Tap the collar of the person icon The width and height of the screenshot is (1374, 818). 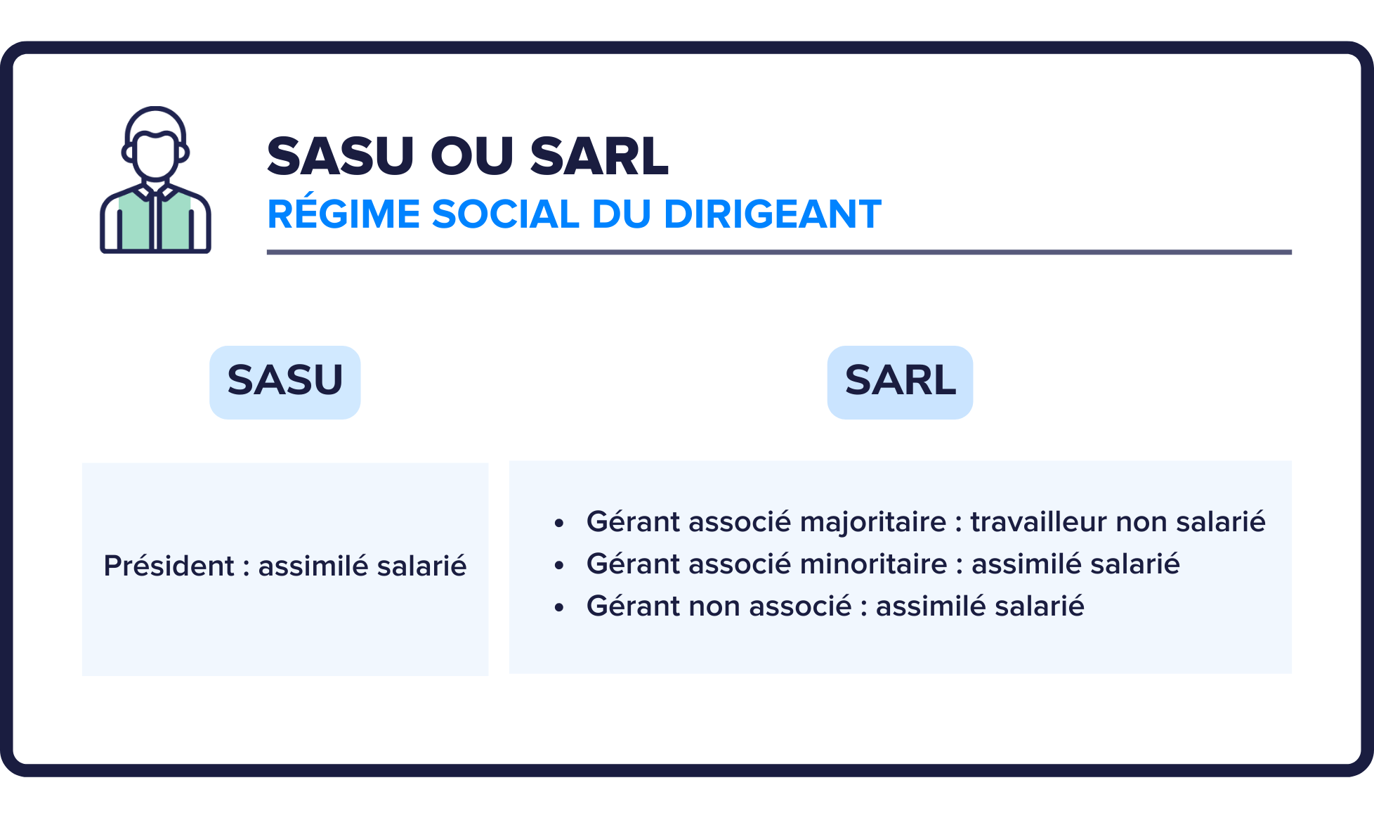coord(155,192)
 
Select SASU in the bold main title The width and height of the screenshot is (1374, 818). coord(341,156)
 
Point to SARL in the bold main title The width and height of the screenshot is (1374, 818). coord(599,156)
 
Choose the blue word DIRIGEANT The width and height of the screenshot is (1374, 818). coord(772,214)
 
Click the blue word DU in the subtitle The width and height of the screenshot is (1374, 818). coord(621,214)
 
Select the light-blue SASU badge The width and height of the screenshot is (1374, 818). coord(285,382)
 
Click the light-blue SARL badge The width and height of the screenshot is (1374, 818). coord(900,382)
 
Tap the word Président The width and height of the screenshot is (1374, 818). coord(169,566)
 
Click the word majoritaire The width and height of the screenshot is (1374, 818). coord(873,522)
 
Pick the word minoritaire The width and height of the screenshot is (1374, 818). coord(873,564)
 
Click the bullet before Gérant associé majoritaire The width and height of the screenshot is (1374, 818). coord(559,524)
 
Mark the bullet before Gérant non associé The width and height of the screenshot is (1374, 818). coord(559,608)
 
